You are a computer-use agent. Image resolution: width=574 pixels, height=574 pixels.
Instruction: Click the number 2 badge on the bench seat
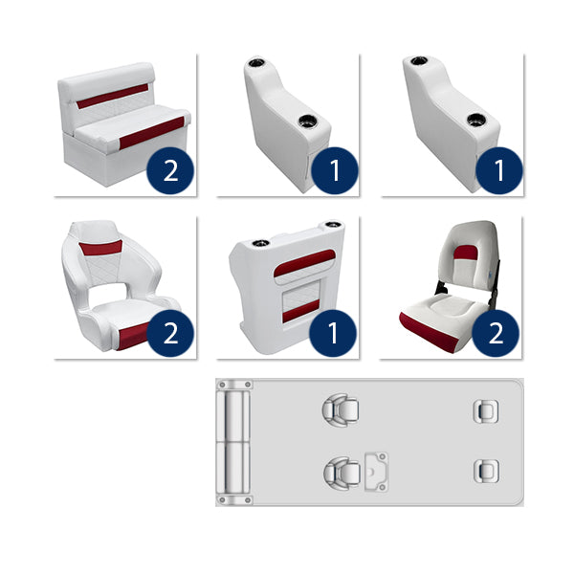click(170, 170)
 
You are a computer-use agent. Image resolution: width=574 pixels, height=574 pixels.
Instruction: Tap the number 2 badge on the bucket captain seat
click(170, 333)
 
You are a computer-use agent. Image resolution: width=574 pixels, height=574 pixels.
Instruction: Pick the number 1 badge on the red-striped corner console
click(334, 333)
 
